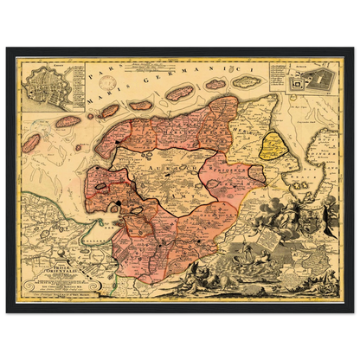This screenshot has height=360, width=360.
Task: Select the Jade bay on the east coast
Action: pos(307,173)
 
